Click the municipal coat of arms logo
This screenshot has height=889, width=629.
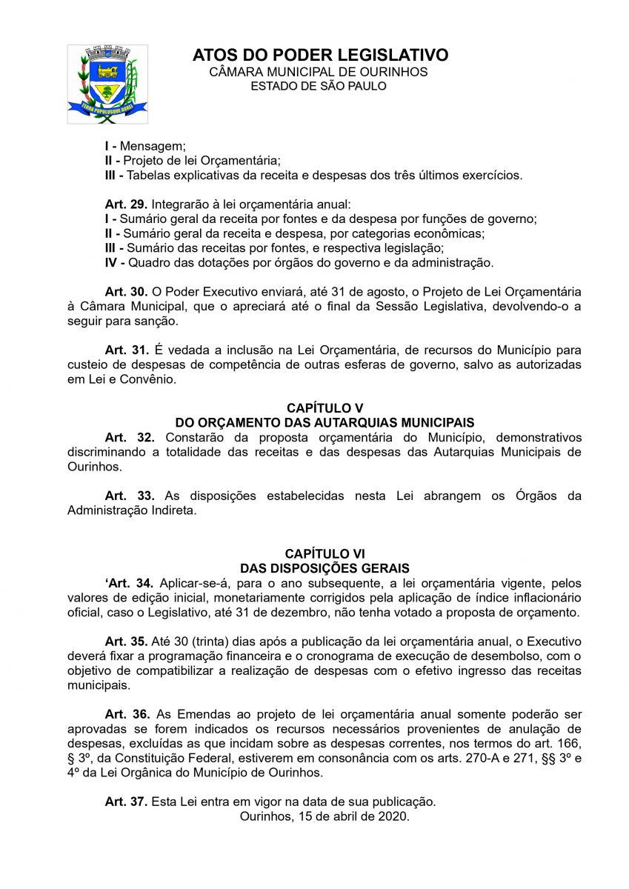click(x=107, y=84)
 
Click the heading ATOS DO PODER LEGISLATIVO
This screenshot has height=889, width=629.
click(x=320, y=55)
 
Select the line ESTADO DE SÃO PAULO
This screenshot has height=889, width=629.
click(x=319, y=86)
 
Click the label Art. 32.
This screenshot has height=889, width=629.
click(x=129, y=437)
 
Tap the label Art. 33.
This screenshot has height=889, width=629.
click(x=129, y=496)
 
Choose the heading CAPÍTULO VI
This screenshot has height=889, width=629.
click(x=325, y=553)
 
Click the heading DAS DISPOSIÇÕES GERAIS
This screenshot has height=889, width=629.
click(x=325, y=568)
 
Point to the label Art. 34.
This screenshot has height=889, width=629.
click(x=129, y=583)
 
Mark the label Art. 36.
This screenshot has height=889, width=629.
click(x=127, y=714)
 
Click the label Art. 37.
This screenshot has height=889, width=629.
click(x=127, y=802)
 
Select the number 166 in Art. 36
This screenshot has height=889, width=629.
click(x=570, y=743)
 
